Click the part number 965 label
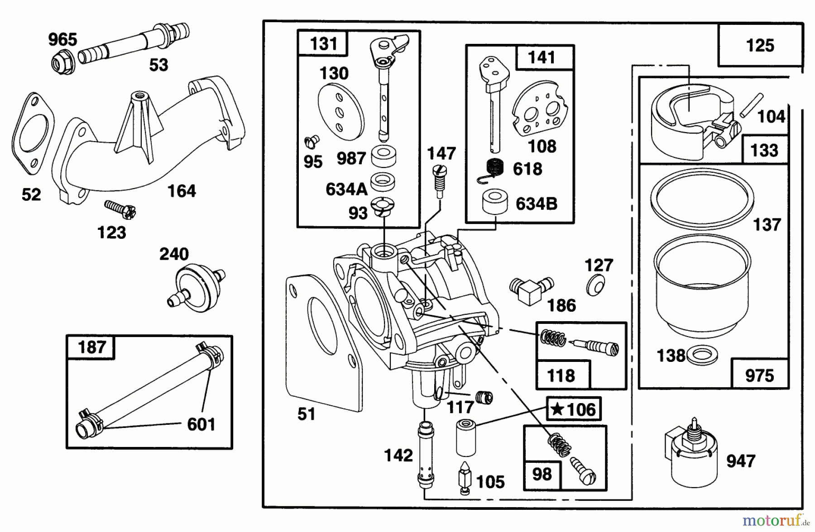[x=63, y=39]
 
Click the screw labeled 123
[x=120, y=209]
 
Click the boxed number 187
[x=91, y=347]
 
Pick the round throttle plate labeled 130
[x=341, y=114]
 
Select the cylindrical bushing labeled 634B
[x=495, y=202]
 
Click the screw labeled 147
[x=438, y=180]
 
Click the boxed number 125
[x=760, y=46]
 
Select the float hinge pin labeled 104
[x=752, y=105]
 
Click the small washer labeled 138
[x=702, y=356]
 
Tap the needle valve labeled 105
[x=465, y=478]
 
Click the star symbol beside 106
[x=557, y=409]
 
